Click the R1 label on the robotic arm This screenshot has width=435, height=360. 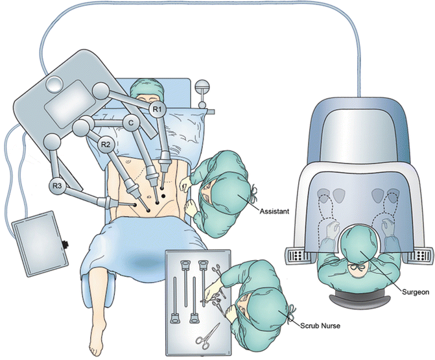tap(158, 110)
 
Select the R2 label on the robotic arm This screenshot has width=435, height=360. tap(107, 144)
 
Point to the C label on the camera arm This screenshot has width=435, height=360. tap(130, 121)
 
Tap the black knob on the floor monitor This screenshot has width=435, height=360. tap(65, 246)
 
